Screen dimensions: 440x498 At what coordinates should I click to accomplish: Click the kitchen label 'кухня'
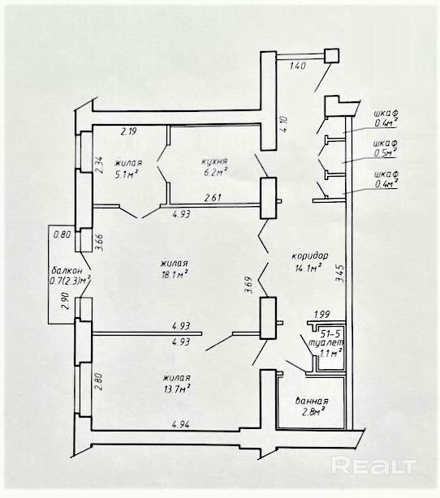(x=214, y=161)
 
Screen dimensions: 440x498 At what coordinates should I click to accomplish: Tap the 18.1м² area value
(x=175, y=274)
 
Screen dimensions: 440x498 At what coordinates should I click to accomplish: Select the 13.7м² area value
(x=177, y=389)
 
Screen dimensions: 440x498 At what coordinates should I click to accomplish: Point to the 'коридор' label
(x=310, y=255)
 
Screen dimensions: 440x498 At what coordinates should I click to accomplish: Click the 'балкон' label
(x=67, y=271)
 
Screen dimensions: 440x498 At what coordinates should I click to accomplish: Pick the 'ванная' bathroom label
(x=312, y=401)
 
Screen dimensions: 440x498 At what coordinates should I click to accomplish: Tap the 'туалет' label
(x=326, y=343)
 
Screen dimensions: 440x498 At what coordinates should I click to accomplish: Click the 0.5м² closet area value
(x=386, y=153)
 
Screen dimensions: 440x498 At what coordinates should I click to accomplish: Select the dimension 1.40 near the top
(x=298, y=66)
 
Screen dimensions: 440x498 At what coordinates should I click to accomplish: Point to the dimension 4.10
(x=284, y=124)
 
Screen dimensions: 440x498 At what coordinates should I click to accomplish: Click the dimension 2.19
(x=129, y=131)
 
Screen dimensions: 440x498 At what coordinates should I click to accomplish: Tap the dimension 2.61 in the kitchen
(x=213, y=198)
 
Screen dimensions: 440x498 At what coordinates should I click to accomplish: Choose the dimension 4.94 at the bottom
(x=180, y=424)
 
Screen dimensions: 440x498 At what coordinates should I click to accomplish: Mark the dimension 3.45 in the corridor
(x=339, y=274)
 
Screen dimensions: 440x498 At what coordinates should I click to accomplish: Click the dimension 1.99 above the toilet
(x=321, y=315)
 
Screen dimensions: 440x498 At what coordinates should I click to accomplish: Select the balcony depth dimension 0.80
(x=62, y=235)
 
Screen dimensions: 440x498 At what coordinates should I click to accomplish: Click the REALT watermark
(x=373, y=466)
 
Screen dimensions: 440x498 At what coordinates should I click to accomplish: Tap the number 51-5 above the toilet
(x=330, y=334)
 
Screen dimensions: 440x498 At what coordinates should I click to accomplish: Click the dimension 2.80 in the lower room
(x=98, y=381)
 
